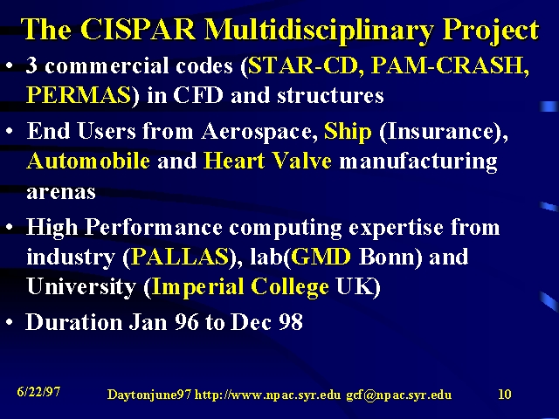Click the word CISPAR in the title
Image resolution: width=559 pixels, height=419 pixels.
[138, 29]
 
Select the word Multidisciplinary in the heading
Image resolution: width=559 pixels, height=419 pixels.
[319, 31]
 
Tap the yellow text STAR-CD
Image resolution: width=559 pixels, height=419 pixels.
[303, 65]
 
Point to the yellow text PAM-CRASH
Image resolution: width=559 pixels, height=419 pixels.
[448, 65]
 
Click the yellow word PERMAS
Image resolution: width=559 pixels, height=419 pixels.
[79, 95]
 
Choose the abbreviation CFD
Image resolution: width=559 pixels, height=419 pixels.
[198, 95]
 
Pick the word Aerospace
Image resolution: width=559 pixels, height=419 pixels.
[259, 132]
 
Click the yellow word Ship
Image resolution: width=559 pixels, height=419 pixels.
[348, 132]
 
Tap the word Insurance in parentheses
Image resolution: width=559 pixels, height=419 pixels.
[440, 131]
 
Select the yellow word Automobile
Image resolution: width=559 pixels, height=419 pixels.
[88, 161]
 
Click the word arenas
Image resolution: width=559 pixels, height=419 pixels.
[61, 192]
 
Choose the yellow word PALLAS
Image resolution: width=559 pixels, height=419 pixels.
[180, 257]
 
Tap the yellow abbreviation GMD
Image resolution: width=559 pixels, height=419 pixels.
[321, 257]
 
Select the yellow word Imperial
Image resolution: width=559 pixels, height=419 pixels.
[198, 287]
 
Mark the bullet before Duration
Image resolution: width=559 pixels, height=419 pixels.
[10, 322]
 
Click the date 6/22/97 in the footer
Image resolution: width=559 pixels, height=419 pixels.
[38, 392]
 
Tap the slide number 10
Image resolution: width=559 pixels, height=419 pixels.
[505, 394]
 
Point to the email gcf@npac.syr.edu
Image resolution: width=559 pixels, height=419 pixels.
[399, 395]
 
